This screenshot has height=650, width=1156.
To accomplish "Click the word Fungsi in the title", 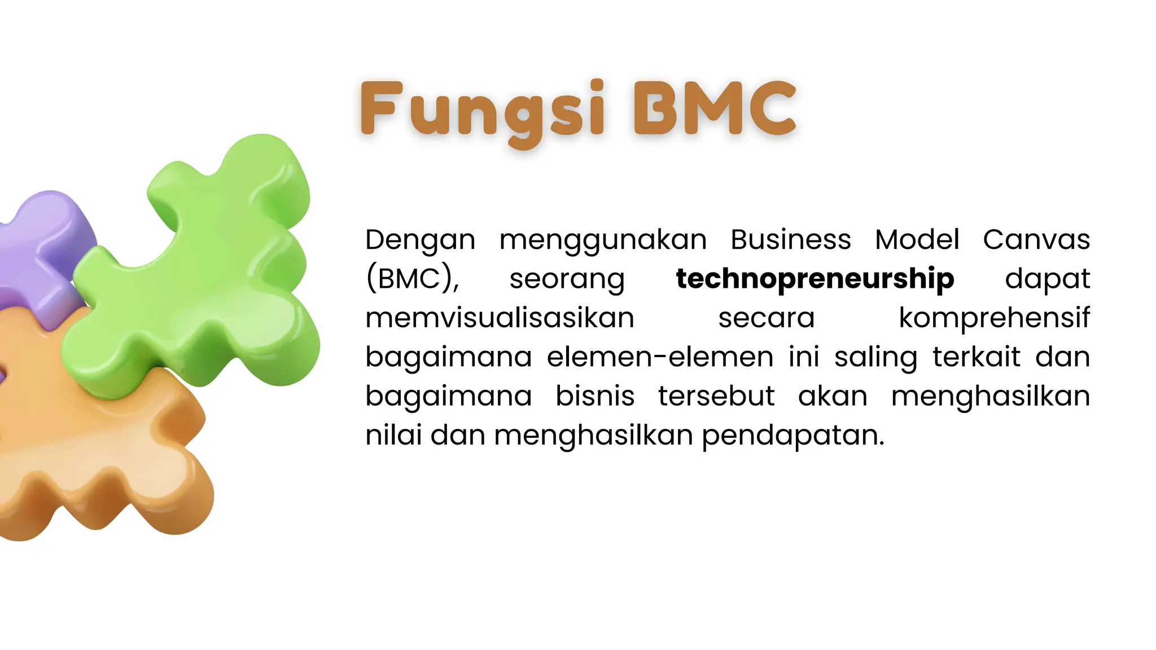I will point(483,110).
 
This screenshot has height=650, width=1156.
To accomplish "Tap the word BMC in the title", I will point(715,108).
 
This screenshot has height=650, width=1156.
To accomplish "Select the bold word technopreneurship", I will point(815,279).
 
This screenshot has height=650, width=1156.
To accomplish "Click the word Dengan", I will point(420,240).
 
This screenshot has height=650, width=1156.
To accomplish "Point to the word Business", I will point(790,239).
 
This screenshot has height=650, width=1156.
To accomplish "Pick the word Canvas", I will point(1036,239).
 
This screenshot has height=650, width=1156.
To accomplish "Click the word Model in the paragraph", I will point(917,239).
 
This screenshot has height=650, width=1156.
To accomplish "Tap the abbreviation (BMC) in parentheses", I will point(413,279).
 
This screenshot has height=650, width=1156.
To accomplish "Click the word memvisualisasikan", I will point(500,318).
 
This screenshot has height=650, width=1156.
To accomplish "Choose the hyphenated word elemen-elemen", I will point(660,357).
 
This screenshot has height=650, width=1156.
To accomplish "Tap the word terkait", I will point(976,357).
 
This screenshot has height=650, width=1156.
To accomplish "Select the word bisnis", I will point(595,396).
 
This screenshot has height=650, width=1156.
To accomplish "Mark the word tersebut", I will point(716,396).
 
